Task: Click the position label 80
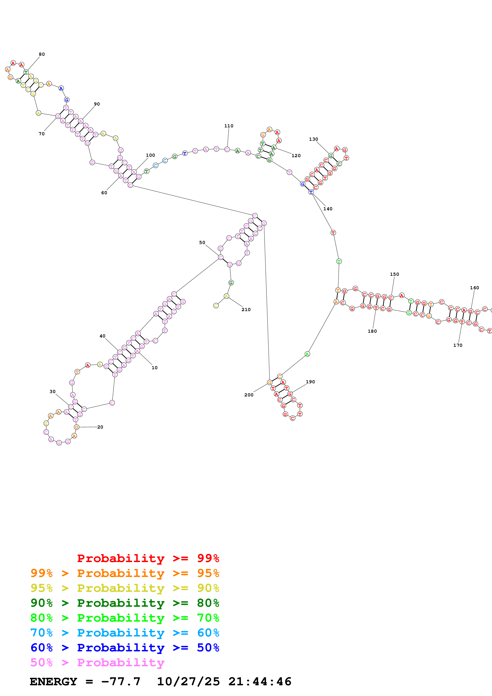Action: [x=42, y=54]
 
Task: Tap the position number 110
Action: [x=229, y=126]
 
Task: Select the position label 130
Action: [x=313, y=139]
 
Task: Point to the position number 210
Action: [x=246, y=310]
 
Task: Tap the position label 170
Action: [x=458, y=345]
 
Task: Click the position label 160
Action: [x=474, y=288]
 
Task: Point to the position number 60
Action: [x=104, y=193]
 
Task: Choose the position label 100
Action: [x=150, y=155]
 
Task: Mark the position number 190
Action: [x=310, y=382]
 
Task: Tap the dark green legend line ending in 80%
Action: [x=125, y=603]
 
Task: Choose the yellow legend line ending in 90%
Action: [x=125, y=588]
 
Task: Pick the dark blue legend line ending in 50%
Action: [x=125, y=648]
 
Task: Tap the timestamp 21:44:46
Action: [x=260, y=682]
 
